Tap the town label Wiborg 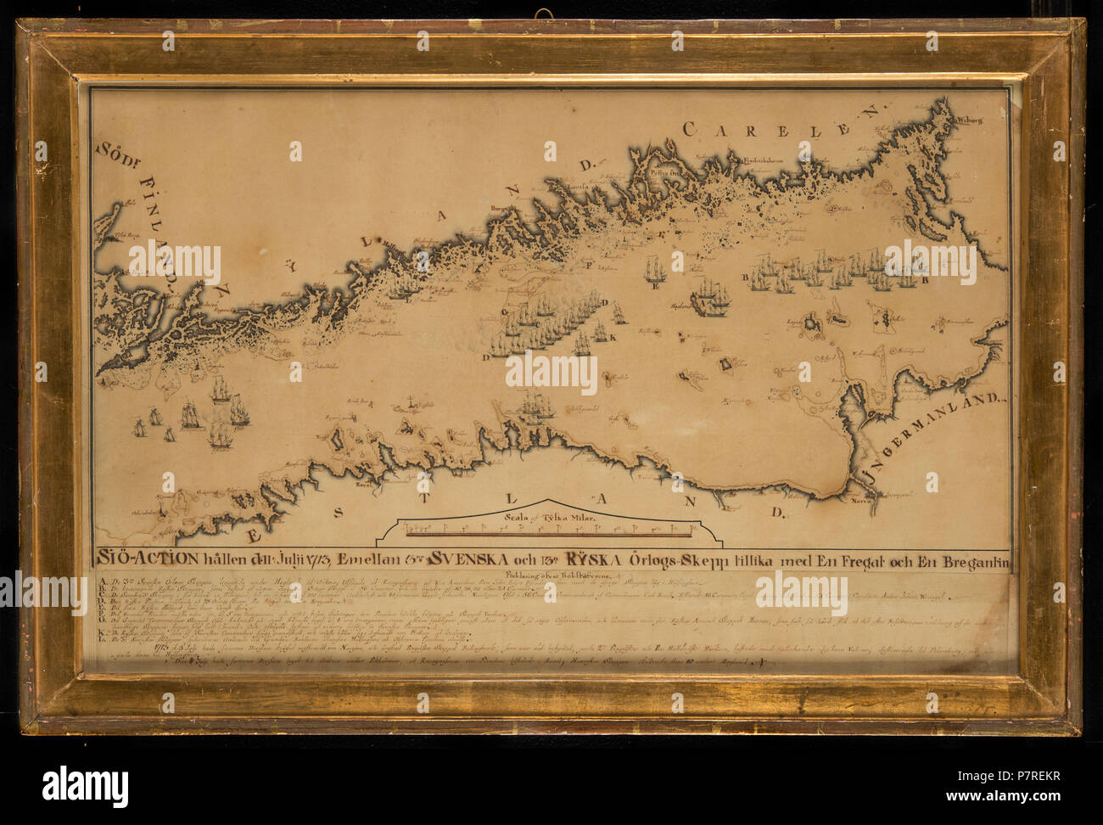[x=968, y=121]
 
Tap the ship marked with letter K [x=584, y=341]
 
